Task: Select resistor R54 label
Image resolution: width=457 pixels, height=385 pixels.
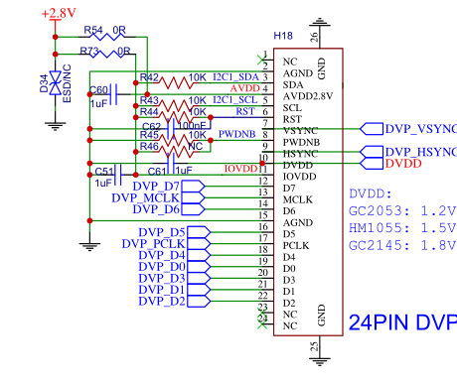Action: click(x=93, y=31)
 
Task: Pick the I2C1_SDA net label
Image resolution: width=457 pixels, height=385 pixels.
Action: click(x=235, y=76)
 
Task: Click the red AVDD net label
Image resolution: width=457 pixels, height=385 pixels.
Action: click(x=244, y=88)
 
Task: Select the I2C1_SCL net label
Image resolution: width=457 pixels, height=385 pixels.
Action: click(x=235, y=99)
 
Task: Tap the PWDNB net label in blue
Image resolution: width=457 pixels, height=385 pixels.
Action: click(x=237, y=133)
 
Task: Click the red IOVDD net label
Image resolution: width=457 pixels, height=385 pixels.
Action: click(x=241, y=168)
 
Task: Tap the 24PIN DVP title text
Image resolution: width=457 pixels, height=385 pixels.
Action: click(x=402, y=322)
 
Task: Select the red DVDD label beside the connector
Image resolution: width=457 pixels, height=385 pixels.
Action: click(x=404, y=164)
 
